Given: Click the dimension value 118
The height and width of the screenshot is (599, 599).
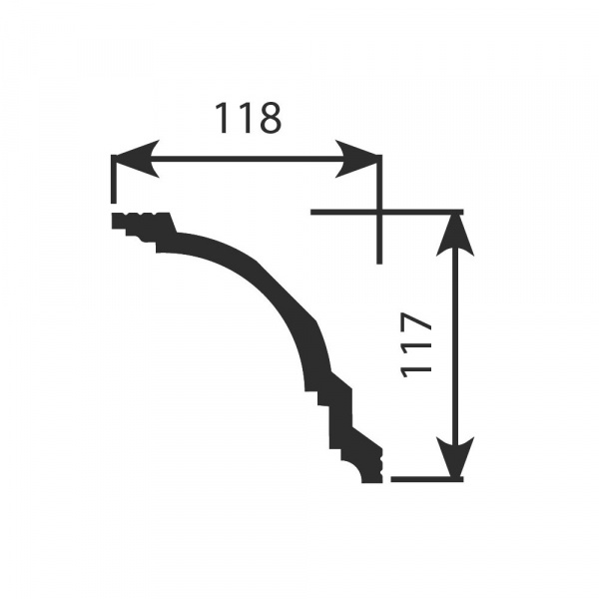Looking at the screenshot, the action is click(248, 118).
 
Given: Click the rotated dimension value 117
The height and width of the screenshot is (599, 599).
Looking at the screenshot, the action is click(416, 345).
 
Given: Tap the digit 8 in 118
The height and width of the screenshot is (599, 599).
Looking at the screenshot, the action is click(270, 118).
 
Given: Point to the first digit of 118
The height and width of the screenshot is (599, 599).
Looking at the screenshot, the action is click(222, 118).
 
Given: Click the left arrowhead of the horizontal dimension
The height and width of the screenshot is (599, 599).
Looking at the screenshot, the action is click(136, 159).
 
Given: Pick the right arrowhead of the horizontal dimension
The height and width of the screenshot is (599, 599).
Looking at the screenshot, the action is click(357, 159).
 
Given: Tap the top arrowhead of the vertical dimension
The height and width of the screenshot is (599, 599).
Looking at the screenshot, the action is click(454, 235).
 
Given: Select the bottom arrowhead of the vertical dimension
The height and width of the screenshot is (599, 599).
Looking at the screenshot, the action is click(454, 457).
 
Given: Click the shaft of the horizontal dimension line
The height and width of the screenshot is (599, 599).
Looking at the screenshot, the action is click(247, 159).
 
